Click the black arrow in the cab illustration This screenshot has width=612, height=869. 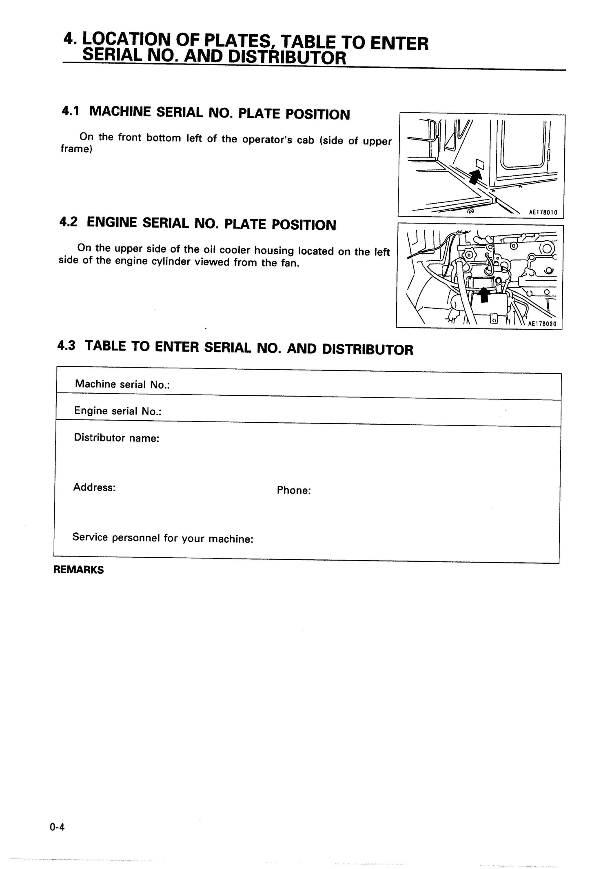[x=475, y=177]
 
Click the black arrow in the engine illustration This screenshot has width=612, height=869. [x=484, y=295]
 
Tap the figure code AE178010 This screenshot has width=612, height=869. [x=543, y=212]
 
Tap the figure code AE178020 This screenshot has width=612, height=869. [x=542, y=324]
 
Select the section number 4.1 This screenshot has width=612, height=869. [x=70, y=111]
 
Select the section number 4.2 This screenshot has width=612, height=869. [x=68, y=222]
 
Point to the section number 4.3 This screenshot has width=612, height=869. [x=67, y=346]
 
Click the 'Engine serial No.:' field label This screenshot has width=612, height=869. [x=118, y=411]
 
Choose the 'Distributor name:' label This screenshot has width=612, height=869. [x=116, y=438]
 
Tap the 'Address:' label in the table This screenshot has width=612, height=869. [x=94, y=487]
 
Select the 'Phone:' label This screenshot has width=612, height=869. [x=294, y=490]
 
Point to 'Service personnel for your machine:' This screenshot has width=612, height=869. [x=163, y=538]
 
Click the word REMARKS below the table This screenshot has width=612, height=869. [x=78, y=570]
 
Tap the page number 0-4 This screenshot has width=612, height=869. [x=57, y=827]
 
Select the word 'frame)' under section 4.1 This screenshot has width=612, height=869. [x=76, y=149]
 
